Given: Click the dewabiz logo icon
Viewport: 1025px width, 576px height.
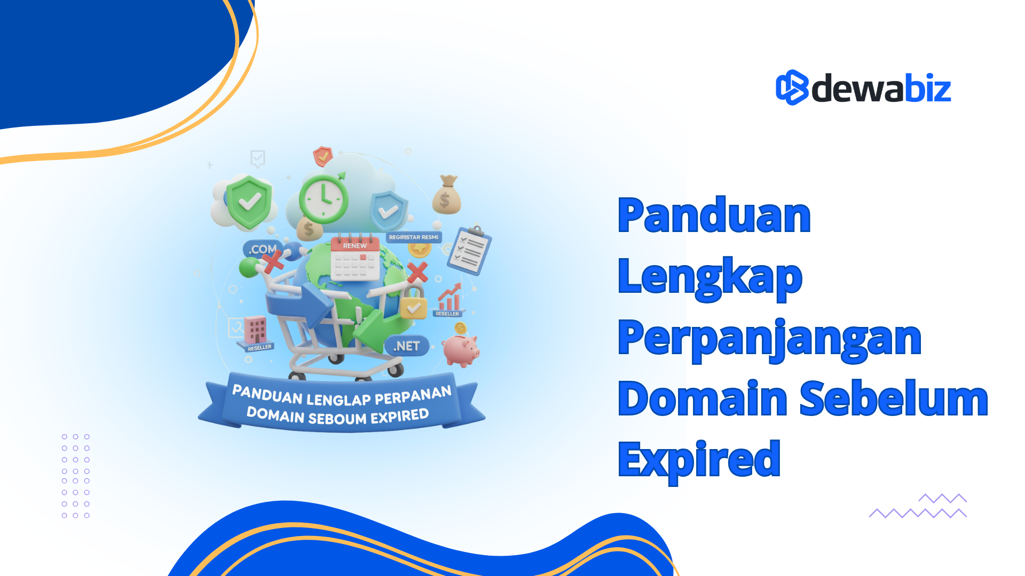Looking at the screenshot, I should [x=792, y=87].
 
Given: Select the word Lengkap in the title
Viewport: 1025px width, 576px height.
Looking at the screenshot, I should [x=709, y=277].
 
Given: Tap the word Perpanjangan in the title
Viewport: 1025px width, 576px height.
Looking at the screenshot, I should [x=769, y=339].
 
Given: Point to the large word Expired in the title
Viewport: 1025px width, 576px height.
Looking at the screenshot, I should [x=699, y=460].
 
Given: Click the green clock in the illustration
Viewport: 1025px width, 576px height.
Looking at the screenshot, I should [x=324, y=198].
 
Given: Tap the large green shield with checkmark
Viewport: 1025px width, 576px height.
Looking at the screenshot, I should [x=249, y=202].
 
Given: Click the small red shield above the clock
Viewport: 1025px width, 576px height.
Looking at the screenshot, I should [x=322, y=157].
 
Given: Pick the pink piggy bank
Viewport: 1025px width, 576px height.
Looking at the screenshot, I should [x=461, y=350].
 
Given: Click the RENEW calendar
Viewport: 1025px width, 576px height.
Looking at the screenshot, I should [x=355, y=259].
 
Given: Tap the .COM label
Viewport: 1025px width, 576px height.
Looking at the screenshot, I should [x=262, y=249].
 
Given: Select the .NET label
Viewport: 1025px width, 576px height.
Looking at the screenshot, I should [x=406, y=346].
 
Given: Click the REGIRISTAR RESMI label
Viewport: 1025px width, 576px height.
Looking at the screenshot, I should [x=413, y=237].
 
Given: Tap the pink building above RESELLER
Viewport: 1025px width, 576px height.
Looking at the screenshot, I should [x=255, y=330].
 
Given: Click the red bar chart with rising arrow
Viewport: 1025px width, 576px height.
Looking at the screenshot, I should [x=450, y=299].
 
